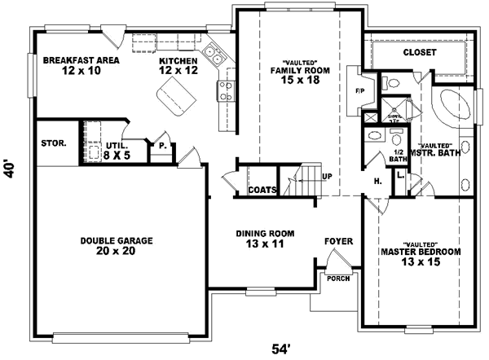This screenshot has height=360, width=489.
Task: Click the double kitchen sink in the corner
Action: tap(214, 55)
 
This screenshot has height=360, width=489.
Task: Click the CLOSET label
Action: tap(419, 52)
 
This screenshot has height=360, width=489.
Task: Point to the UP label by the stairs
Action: tap(327, 176)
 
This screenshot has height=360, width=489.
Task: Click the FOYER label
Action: tap(338, 241)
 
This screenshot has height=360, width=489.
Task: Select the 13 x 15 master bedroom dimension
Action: tap(419, 262)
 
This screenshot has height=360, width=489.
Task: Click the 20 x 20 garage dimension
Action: tap(117, 251)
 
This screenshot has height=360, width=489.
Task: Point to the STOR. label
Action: tap(55, 144)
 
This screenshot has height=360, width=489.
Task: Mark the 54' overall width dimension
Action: tap(282, 349)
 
